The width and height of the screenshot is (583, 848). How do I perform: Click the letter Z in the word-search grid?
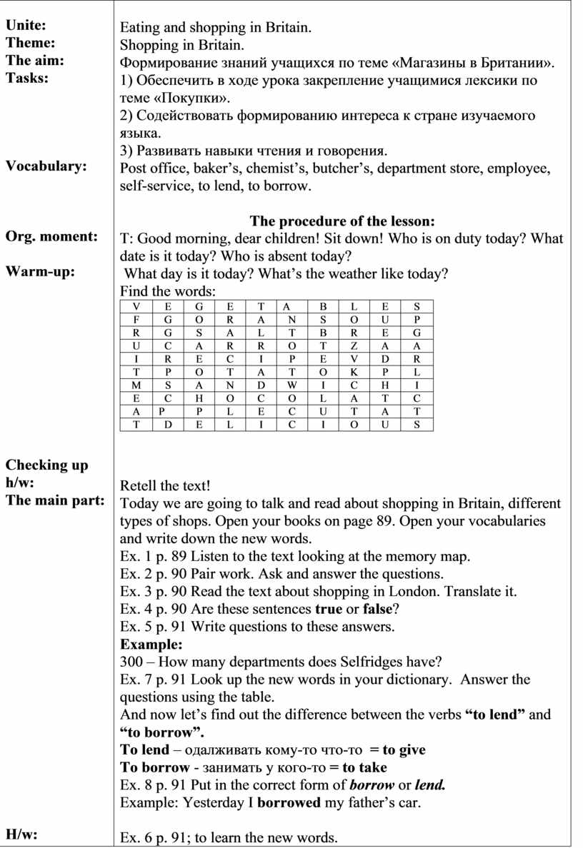[354, 345]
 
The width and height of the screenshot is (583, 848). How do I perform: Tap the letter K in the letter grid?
[354, 372]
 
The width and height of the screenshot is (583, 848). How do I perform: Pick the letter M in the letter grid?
[136, 385]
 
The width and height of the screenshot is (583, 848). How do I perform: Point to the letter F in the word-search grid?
[136, 319]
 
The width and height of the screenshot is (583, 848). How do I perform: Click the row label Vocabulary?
[46, 166]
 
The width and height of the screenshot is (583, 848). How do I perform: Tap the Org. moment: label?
[51, 236]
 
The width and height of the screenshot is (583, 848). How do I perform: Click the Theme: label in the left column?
[31, 43]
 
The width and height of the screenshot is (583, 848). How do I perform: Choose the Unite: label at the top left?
[26, 26]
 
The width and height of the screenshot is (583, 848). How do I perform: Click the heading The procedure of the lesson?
[342, 221]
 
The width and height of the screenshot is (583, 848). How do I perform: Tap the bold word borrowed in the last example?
[289, 802]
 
